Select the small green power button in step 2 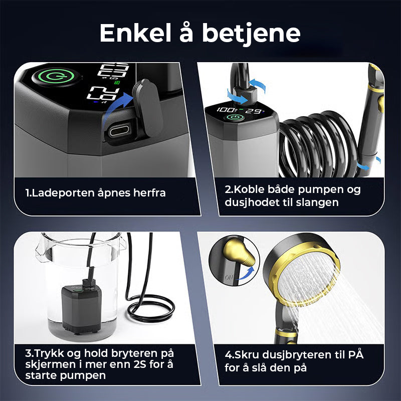click(x=233, y=119)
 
